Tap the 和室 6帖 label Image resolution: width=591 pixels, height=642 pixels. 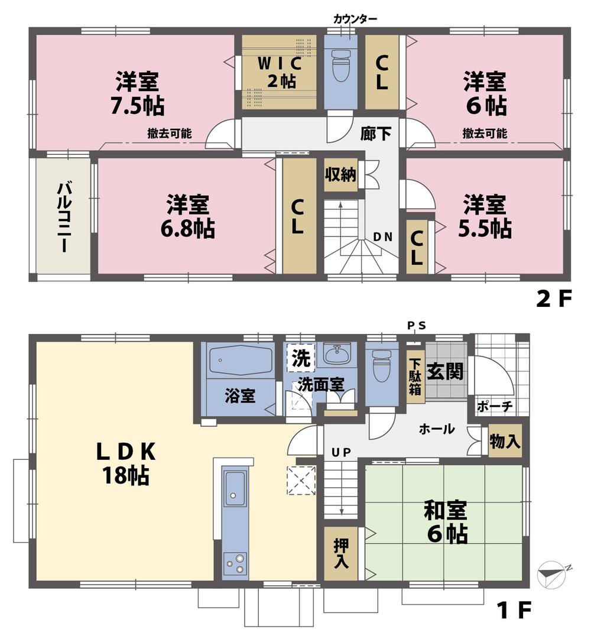tap(445, 521)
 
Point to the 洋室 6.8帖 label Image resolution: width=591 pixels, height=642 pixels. tap(187, 215)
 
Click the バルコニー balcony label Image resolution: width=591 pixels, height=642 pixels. tap(63, 217)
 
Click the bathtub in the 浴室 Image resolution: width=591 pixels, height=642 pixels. tap(240, 360)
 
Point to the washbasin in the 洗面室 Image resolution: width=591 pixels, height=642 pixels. tap(337, 355)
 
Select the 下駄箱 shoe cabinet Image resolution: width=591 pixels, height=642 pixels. tap(415, 377)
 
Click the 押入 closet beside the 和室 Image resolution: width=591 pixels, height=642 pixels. tap(341, 553)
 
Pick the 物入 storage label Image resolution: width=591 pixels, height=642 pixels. tap(505, 440)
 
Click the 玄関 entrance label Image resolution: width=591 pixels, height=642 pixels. tap(445, 372)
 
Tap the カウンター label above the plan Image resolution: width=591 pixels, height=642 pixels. tap(355, 19)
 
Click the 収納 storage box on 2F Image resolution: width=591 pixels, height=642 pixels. tap(340, 174)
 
